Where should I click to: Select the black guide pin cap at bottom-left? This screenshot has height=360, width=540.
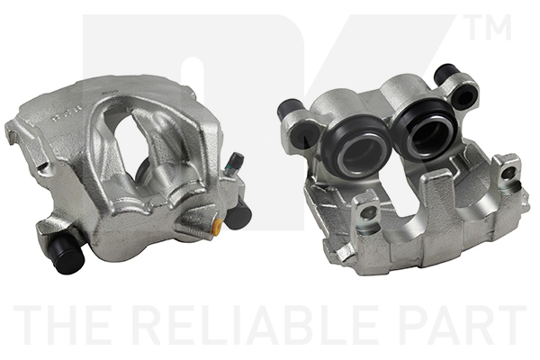click(66, 255)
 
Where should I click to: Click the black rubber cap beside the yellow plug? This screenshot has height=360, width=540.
click(238, 213)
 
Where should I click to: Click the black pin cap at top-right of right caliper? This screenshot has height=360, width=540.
click(446, 72)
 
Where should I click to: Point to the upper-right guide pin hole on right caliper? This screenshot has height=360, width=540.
click(463, 94)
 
